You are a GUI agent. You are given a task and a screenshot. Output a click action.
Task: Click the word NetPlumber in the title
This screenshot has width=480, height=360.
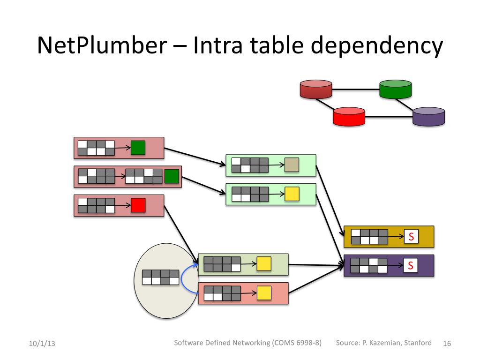coord(102,45)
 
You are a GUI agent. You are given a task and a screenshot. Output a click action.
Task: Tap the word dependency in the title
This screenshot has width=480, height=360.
coord(377,46)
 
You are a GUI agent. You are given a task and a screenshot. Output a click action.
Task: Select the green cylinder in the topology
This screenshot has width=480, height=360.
coord(396,89)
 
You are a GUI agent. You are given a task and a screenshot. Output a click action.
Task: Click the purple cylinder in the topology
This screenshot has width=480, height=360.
coord(428,116)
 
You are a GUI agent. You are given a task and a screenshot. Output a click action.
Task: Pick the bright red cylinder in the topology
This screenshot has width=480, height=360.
coord(349,116)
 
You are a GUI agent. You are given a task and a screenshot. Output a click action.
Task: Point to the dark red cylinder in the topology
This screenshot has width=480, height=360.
coord(316,89)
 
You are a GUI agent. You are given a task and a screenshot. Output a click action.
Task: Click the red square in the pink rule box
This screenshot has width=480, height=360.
coord(138,205)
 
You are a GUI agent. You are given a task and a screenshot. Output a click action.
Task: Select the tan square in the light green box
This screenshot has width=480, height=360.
coord(292,165)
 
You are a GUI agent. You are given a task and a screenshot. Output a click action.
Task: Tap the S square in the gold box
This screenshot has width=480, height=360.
coord(411,236)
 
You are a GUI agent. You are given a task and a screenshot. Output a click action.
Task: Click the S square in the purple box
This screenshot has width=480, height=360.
coord(411,265)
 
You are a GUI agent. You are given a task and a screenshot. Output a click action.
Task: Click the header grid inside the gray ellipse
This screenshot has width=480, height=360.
coord(161,277)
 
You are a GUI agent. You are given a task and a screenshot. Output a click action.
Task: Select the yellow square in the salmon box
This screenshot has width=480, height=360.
coord(264,293)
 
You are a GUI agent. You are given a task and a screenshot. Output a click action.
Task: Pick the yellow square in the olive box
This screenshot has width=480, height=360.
coord(264,264)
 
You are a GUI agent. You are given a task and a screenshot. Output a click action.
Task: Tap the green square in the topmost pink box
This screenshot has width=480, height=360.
coord(138,148)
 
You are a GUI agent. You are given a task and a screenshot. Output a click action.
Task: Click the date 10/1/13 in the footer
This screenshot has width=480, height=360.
coord(42,344)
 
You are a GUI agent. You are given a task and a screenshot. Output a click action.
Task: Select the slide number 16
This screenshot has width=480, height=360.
coord(447,344)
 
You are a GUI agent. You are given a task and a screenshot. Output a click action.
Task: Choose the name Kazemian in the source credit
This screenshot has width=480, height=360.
coord(385,343)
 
